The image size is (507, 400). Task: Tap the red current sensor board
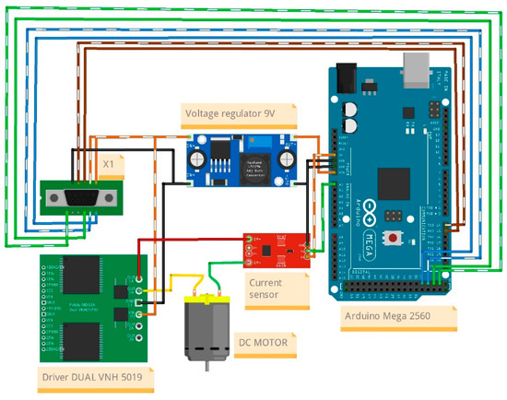click(x=273, y=247)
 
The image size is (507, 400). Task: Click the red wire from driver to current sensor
click(x=184, y=240)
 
